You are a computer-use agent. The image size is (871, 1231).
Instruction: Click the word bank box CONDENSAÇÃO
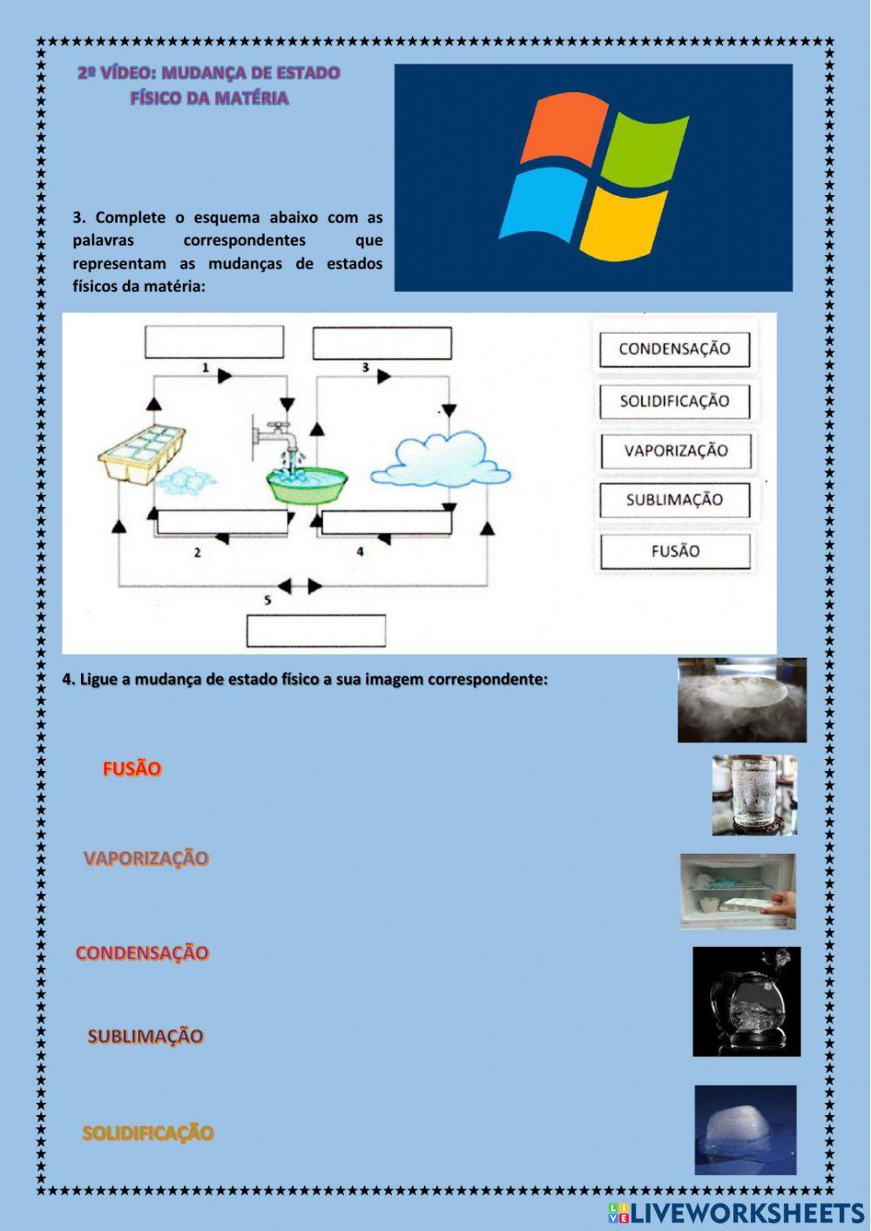(x=674, y=349)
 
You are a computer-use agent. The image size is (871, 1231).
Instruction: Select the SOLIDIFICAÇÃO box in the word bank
(x=674, y=402)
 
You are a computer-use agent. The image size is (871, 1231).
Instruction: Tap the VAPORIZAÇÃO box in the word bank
(x=675, y=451)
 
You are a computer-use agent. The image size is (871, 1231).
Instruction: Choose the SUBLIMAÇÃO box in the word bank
(x=674, y=500)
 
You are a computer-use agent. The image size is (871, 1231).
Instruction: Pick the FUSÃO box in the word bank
(x=675, y=551)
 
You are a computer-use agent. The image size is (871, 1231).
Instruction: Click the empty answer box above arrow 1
(x=215, y=342)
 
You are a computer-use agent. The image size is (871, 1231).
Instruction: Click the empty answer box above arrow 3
(x=382, y=342)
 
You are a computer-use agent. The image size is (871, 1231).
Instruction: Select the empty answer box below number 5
(x=316, y=631)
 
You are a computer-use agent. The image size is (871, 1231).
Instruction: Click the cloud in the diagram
(x=441, y=460)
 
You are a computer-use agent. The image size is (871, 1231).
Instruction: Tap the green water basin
(x=307, y=485)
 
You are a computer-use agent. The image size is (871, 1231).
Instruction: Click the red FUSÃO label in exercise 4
(x=132, y=769)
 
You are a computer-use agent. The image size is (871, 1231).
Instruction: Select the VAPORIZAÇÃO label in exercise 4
(x=146, y=859)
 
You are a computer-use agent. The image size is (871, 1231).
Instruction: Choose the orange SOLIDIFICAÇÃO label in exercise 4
(x=148, y=1133)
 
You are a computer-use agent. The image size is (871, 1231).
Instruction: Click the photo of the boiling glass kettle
(x=746, y=1002)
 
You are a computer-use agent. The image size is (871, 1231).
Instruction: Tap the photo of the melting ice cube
(x=745, y=1130)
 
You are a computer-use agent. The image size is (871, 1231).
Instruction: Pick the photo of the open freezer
(x=738, y=891)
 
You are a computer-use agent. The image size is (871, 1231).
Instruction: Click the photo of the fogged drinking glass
(x=754, y=795)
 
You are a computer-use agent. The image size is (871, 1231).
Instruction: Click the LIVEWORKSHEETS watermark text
(x=746, y=1212)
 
